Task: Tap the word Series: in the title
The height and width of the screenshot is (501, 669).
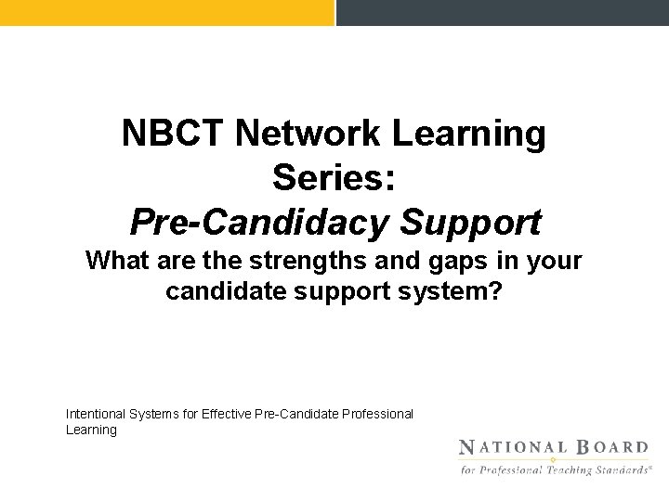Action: (x=334, y=178)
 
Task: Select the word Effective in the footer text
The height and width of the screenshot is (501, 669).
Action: (x=232, y=413)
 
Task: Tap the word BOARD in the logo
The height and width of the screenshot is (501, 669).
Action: (x=609, y=447)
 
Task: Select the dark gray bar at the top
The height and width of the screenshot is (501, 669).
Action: (x=502, y=12)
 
